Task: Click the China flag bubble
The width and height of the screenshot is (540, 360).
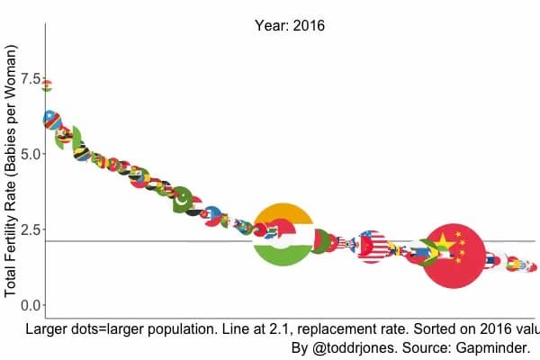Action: click(x=454, y=254)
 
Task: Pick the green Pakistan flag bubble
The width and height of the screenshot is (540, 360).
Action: click(x=182, y=199)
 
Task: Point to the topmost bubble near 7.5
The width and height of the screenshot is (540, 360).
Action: click(x=47, y=85)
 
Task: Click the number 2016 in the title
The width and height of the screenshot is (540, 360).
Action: click(x=307, y=26)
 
